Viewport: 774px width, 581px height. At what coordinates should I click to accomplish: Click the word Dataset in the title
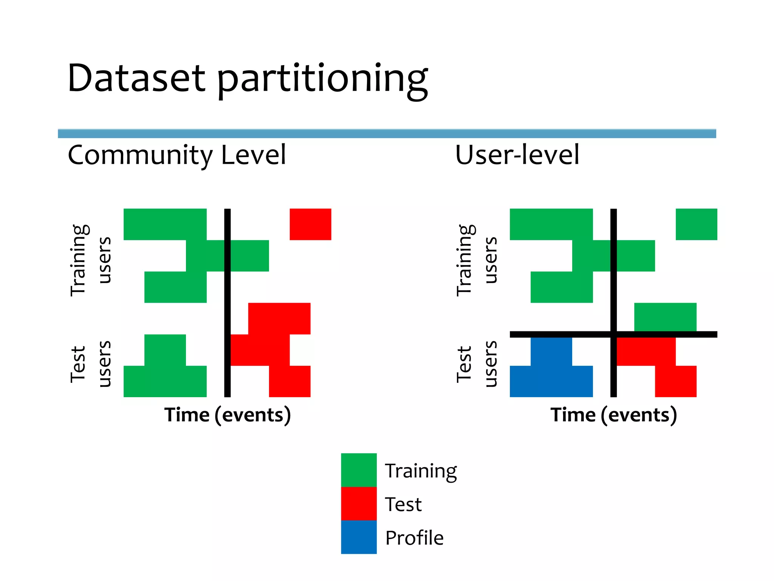(136, 78)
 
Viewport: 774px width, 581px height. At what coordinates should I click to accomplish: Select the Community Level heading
(176, 155)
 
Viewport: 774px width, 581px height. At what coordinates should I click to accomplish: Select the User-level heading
(517, 155)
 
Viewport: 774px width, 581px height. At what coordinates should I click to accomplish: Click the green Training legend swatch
(359, 470)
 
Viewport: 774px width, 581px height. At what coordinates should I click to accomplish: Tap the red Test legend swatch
(359, 503)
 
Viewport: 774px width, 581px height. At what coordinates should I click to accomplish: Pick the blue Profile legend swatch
(359, 537)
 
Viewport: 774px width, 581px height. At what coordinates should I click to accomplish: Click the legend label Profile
(414, 538)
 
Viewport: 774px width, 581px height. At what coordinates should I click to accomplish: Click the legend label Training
(421, 471)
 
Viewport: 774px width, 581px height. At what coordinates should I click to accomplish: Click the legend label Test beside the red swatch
(403, 504)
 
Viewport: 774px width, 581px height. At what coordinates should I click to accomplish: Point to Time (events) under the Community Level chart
(228, 415)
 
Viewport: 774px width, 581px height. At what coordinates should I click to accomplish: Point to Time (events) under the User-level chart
(613, 415)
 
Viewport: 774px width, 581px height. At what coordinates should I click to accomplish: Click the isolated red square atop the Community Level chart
(310, 224)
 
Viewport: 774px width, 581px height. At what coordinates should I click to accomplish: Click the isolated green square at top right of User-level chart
(696, 224)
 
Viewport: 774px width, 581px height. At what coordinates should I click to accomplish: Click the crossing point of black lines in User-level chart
(613, 334)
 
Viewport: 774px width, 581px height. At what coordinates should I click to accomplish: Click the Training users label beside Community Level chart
(91, 260)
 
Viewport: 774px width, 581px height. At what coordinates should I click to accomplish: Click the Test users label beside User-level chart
(477, 364)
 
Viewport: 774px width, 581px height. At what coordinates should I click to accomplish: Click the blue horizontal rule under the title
(387, 134)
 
